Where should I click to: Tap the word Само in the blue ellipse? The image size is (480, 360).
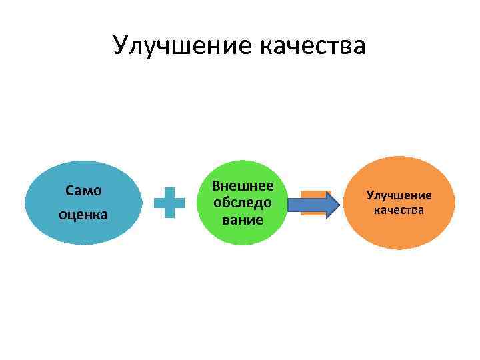point(84,191)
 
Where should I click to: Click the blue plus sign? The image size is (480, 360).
point(169,203)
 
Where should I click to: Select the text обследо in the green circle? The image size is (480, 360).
point(241,203)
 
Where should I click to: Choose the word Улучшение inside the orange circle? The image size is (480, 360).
point(399,195)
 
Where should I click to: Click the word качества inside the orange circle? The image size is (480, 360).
point(399,211)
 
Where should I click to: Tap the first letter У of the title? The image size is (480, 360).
point(121,46)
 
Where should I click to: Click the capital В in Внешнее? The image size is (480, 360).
point(215,187)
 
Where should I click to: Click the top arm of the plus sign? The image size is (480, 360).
point(169,191)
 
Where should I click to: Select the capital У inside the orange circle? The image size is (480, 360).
point(369,195)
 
